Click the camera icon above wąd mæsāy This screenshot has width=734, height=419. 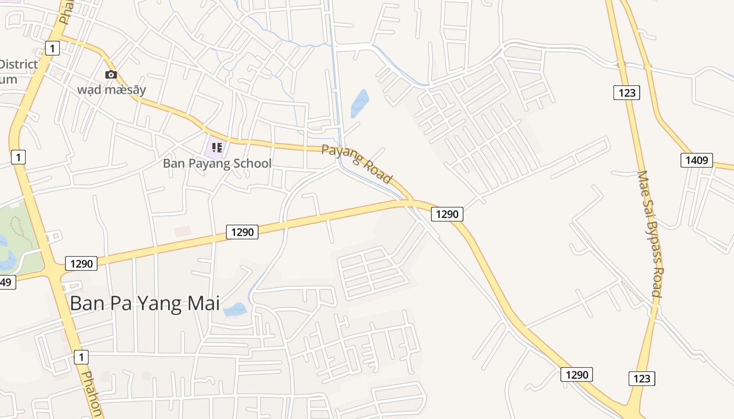pyautogui.click(x=111, y=75)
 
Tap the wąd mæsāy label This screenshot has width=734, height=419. pyautogui.click(x=112, y=90)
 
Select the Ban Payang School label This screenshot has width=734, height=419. pyautogui.click(x=217, y=163)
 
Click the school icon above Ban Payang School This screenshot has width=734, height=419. pyautogui.click(x=217, y=148)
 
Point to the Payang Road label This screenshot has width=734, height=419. pyautogui.click(x=357, y=164)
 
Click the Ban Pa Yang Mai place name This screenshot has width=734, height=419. pyautogui.click(x=145, y=303)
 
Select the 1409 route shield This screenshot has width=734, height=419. pyautogui.click(x=696, y=160)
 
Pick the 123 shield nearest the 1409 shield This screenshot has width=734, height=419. pyautogui.click(x=627, y=93)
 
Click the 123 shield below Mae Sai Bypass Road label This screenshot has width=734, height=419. pyautogui.click(x=642, y=379)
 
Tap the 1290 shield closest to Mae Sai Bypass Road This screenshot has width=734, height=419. pyautogui.click(x=577, y=374)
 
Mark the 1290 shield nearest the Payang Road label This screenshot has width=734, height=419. pyautogui.click(x=447, y=214)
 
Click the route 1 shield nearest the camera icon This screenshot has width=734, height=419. pyautogui.click(x=51, y=49)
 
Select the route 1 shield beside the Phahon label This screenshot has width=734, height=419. pyautogui.click(x=81, y=358)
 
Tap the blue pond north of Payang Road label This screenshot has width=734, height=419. pyautogui.click(x=360, y=103)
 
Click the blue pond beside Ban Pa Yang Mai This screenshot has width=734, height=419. pyautogui.click(x=235, y=310)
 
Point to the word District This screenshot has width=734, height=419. pyautogui.click(x=19, y=64)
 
